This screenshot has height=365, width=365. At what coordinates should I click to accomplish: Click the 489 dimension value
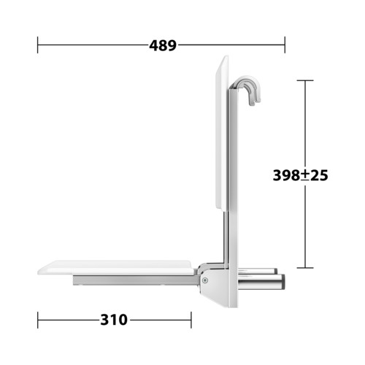[163, 45]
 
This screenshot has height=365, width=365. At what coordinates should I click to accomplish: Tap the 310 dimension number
[114, 320]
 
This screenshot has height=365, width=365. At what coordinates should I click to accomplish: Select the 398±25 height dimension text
[300, 175]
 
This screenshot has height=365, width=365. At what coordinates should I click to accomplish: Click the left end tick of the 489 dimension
[37, 45]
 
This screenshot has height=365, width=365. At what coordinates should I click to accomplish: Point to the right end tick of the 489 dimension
[285, 45]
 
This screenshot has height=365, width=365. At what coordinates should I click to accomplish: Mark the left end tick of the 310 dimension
[38, 320]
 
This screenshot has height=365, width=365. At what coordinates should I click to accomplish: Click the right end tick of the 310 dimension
[191, 320]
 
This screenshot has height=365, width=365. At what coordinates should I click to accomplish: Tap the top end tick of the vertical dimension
[305, 80]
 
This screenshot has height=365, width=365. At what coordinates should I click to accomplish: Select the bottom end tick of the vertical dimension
[305, 268]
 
